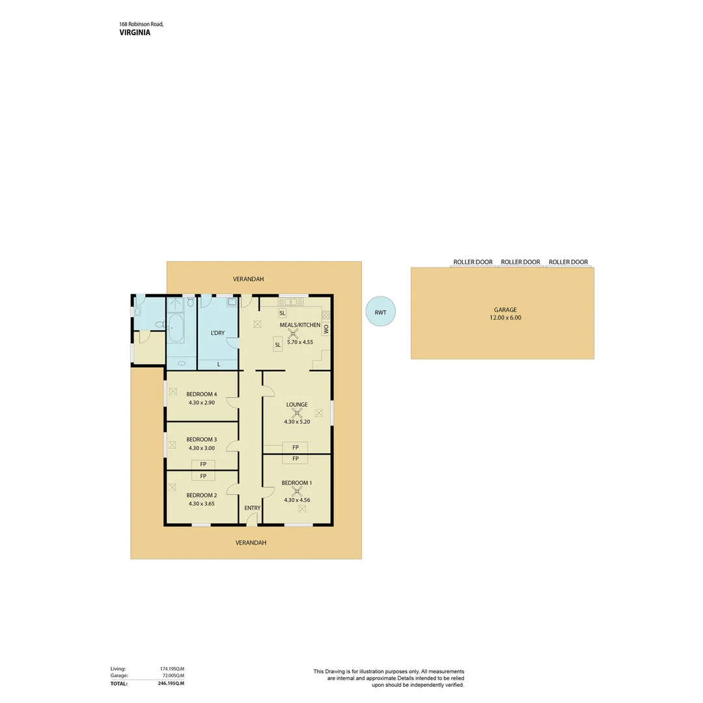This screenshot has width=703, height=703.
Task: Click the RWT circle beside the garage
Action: (x=381, y=312)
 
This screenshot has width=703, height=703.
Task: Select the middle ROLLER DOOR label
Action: (x=520, y=262)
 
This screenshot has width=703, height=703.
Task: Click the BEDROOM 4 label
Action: (x=201, y=394)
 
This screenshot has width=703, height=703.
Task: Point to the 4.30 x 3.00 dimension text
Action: (x=201, y=448)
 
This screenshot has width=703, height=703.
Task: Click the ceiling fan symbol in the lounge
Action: (x=297, y=413)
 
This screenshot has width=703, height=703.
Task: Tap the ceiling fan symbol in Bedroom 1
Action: (x=297, y=491)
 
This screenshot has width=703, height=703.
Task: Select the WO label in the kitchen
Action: (x=326, y=329)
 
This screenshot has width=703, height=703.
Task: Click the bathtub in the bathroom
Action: (x=176, y=327)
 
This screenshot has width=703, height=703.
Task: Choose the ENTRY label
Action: (x=252, y=508)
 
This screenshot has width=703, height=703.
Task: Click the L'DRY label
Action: (x=217, y=333)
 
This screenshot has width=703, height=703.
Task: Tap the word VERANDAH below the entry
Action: (x=251, y=542)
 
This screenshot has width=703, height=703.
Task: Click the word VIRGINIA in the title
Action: (x=135, y=32)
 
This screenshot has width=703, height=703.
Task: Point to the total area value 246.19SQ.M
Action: (x=172, y=683)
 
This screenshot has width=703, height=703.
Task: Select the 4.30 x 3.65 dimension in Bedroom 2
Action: (x=201, y=503)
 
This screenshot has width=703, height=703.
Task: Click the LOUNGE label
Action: (x=297, y=404)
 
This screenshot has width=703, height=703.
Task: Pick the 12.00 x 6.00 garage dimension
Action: (x=505, y=318)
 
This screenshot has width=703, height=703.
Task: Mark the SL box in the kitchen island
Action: (x=277, y=344)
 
